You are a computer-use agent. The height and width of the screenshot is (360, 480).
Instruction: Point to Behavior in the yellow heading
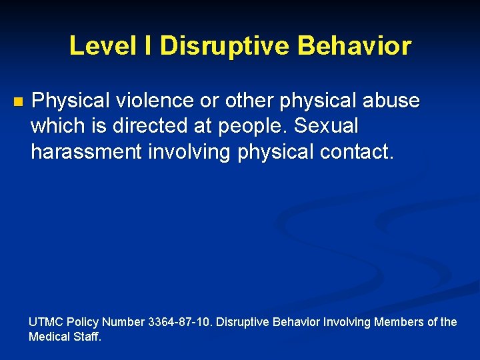(355, 46)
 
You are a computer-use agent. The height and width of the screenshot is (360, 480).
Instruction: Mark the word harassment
(86, 151)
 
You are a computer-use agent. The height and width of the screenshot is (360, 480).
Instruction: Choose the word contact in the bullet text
(357, 151)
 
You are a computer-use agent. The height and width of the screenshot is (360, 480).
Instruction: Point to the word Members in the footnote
(399, 322)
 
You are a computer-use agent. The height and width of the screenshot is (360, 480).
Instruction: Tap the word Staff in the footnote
(87, 337)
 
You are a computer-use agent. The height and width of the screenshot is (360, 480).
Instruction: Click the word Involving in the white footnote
(347, 322)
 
